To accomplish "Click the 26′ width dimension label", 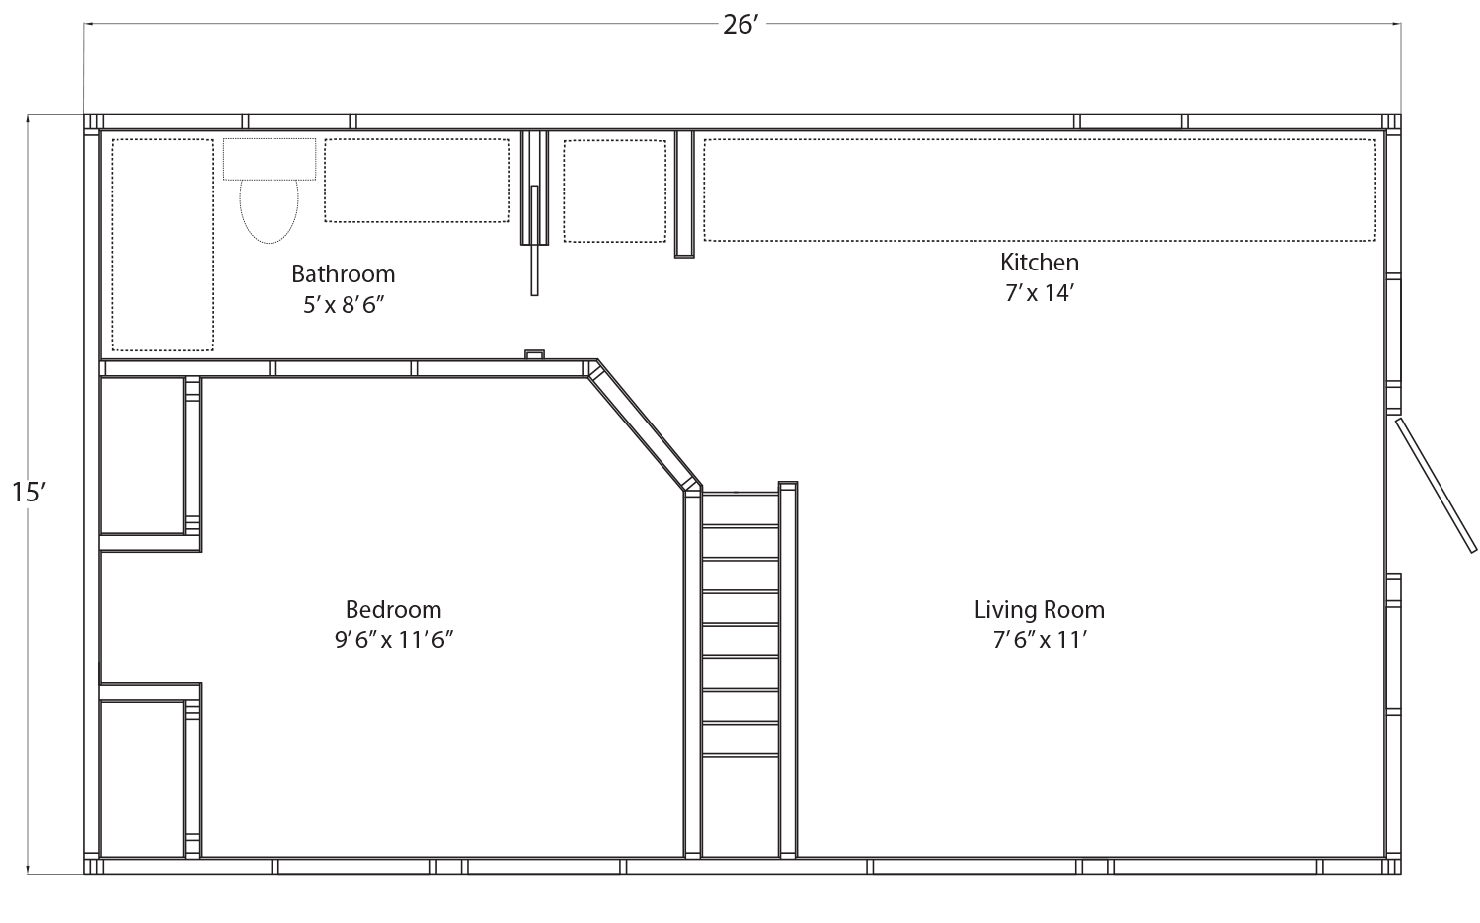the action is [740, 25].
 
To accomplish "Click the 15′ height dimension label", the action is [29, 493].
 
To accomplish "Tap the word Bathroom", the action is [343, 273].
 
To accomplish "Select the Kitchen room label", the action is [1040, 263].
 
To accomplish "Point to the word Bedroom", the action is [393, 609].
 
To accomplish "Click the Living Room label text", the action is [1040, 609].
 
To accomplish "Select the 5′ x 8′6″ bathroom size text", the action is [344, 305].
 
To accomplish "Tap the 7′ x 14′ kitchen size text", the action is [1040, 292].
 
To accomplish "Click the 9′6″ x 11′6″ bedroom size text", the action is [394, 640].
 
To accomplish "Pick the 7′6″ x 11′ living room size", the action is [1040, 640].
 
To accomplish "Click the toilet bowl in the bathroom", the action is [269, 211].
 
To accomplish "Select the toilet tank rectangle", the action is [269, 159].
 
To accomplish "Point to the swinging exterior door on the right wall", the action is [1435, 485].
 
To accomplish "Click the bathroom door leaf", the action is [534, 241].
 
